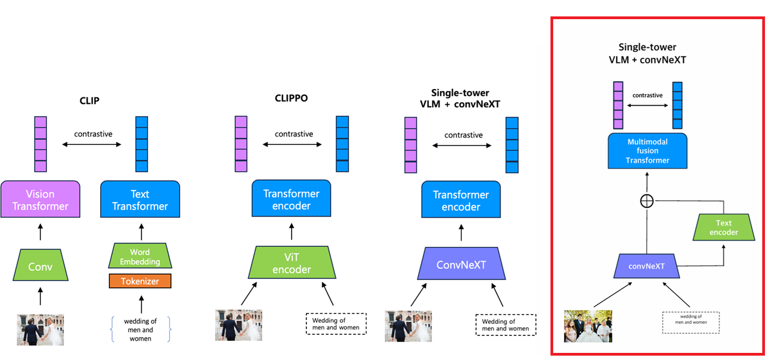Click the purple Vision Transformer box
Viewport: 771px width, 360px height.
coord(40,200)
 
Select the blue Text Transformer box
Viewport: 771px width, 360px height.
coord(140,200)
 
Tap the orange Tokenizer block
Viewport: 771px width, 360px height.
coord(140,281)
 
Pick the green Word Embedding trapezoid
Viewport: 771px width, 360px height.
coord(140,257)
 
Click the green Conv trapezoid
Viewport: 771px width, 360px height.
coord(40,267)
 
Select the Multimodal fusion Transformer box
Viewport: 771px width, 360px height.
coord(648,150)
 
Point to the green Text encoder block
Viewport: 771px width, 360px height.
coord(723,227)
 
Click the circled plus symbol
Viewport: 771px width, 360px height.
coord(647,201)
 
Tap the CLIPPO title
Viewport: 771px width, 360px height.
coord(291,98)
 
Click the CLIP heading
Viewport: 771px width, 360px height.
coord(90,101)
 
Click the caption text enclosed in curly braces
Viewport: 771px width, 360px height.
coord(140,330)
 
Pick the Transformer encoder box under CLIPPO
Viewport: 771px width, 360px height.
coord(291,200)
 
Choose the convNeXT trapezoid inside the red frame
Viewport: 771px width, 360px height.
coord(646,266)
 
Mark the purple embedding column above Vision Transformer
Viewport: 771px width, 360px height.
coord(40,144)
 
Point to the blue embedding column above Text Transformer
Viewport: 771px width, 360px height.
coord(142,144)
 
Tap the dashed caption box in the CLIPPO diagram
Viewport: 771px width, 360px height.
coord(335,323)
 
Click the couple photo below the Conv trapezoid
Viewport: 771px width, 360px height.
coord(40,329)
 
